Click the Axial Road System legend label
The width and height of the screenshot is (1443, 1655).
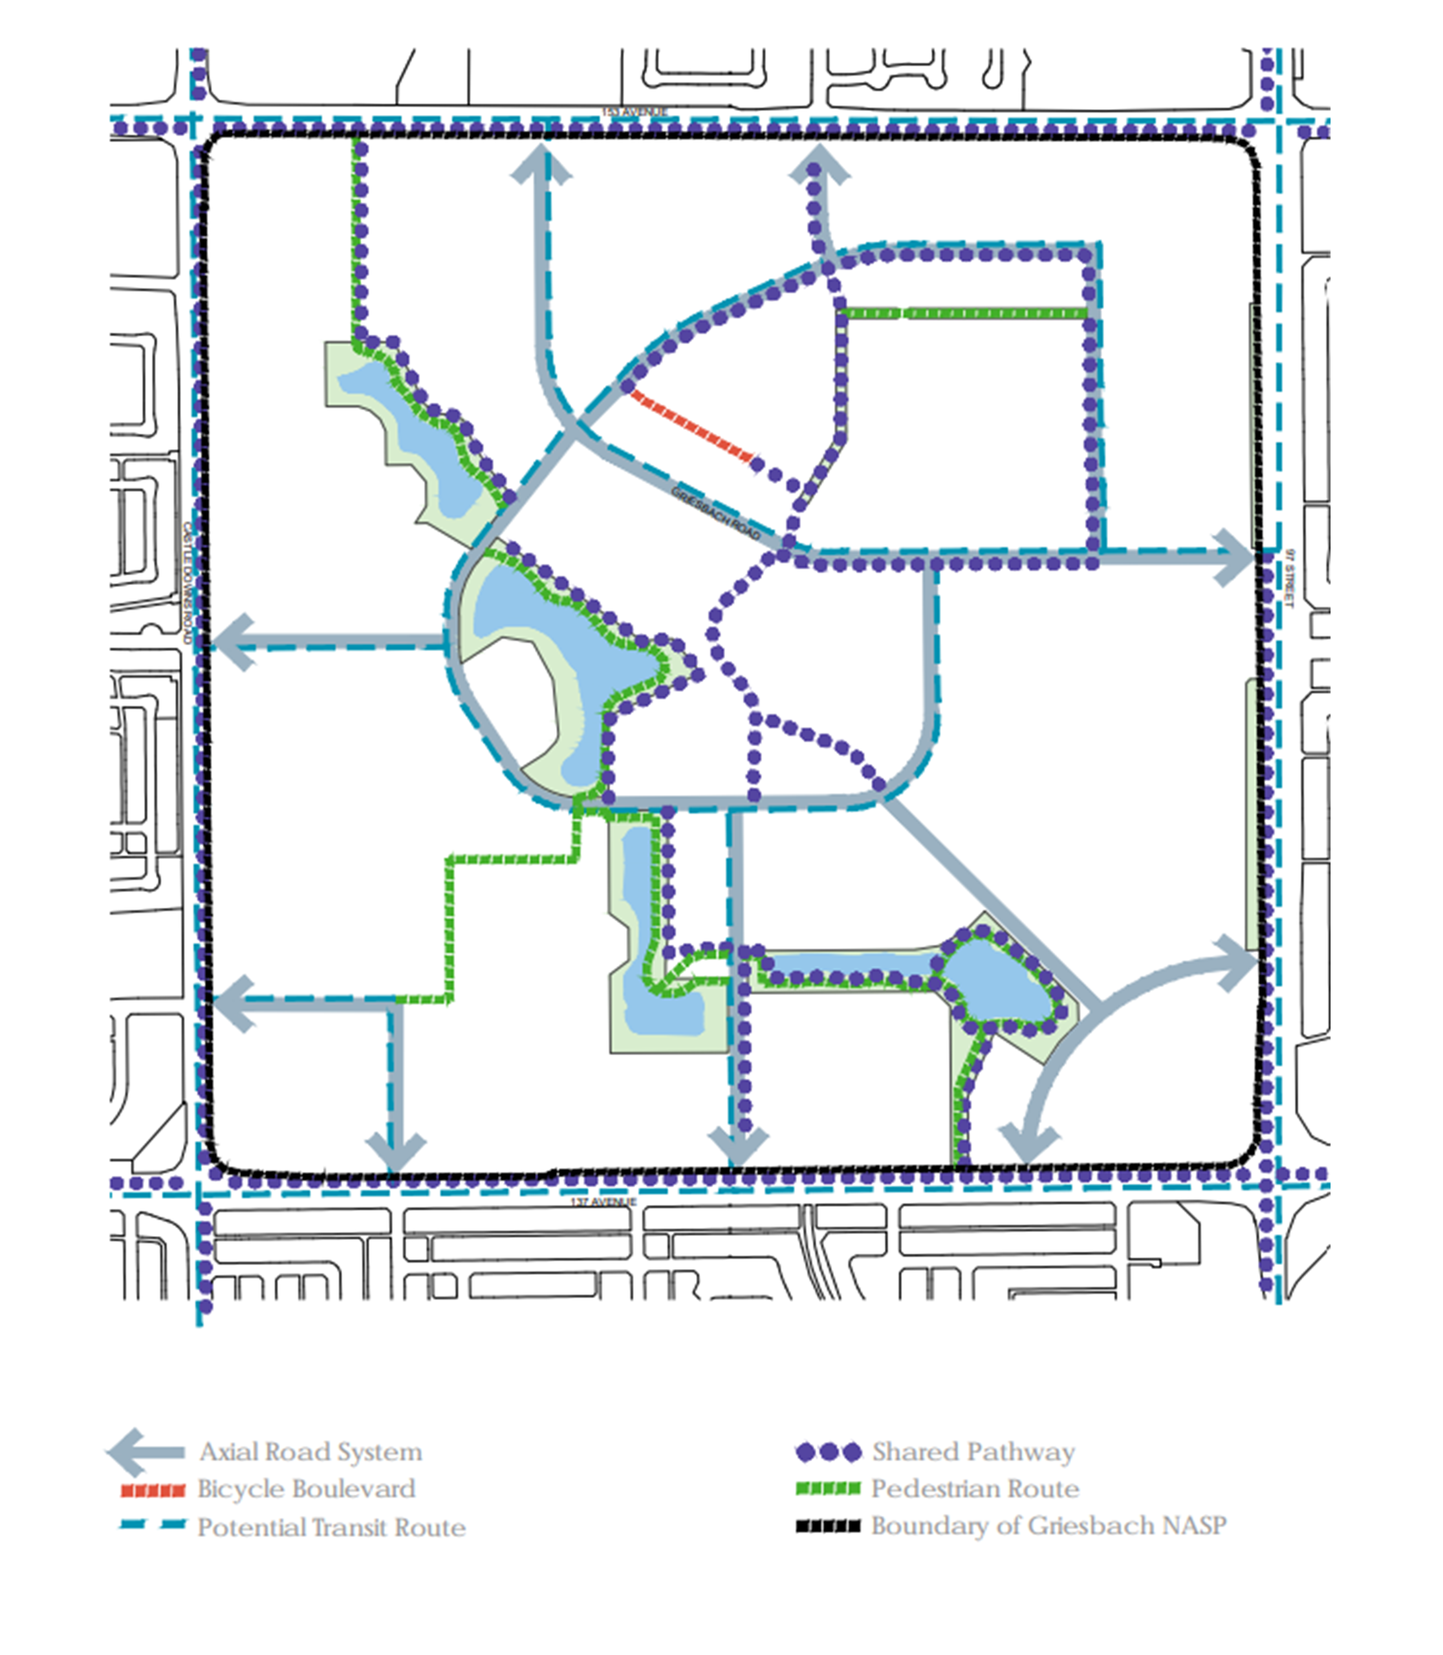pyautogui.click(x=311, y=1451)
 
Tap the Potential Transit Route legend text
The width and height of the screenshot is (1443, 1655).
pyautogui.click(x=331, y=1527)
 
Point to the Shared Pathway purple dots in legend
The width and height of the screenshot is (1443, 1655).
pyautogui.click(x=828, y=1452)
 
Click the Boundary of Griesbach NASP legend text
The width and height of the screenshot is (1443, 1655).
pyautogui.click(x=1048, y=1526)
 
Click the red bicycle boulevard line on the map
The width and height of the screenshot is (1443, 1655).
pyautogui.click(x=690, y=426)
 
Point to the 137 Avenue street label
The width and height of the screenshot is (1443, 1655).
pyautogui.click(x=603, y=1202)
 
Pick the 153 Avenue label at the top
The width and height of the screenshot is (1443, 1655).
pyautogui.click(x=635, y=112)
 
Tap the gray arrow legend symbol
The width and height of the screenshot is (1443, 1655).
pyautogui.click(x=146, y=1451)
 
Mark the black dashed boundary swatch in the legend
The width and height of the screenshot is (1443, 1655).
pyautogui.click(x=828, y=1526)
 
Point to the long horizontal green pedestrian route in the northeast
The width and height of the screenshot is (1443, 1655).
pyautogui.click(x=962, y=313)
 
